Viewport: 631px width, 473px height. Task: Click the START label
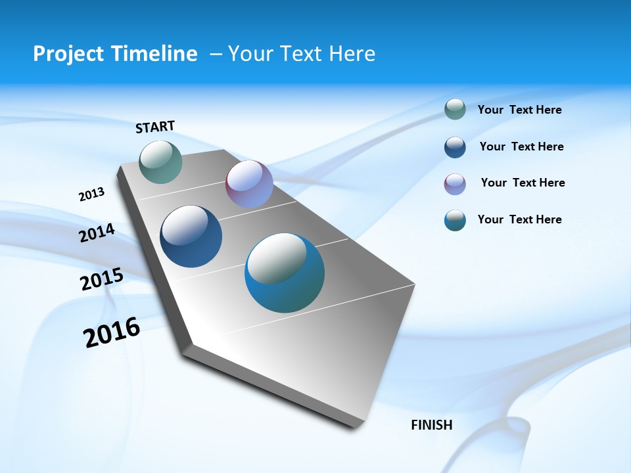[x=155, y=126]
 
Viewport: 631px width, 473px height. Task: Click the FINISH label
[x=431, y=425]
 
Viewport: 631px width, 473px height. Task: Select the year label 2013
[x=91, y=194]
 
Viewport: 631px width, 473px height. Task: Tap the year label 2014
[x=97, y=233]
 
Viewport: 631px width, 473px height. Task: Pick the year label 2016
[x=112, y=332]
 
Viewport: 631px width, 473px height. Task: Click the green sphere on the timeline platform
[x=160, y=162]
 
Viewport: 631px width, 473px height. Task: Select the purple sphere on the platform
[x=249, y=184]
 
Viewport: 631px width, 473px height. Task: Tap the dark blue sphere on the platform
[x=191, y=236]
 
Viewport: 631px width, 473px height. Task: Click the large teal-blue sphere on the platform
[x=285, y=273]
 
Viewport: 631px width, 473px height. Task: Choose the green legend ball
[x=455, y=109]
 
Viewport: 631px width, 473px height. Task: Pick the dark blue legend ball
[x=455, y=147]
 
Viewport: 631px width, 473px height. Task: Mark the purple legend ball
[x=455, y=184]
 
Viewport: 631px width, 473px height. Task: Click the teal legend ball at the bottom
[x=455, y=220]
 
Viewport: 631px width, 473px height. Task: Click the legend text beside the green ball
[x=519, y=110]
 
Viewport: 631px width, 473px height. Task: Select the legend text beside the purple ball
[x=523, y=183]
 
